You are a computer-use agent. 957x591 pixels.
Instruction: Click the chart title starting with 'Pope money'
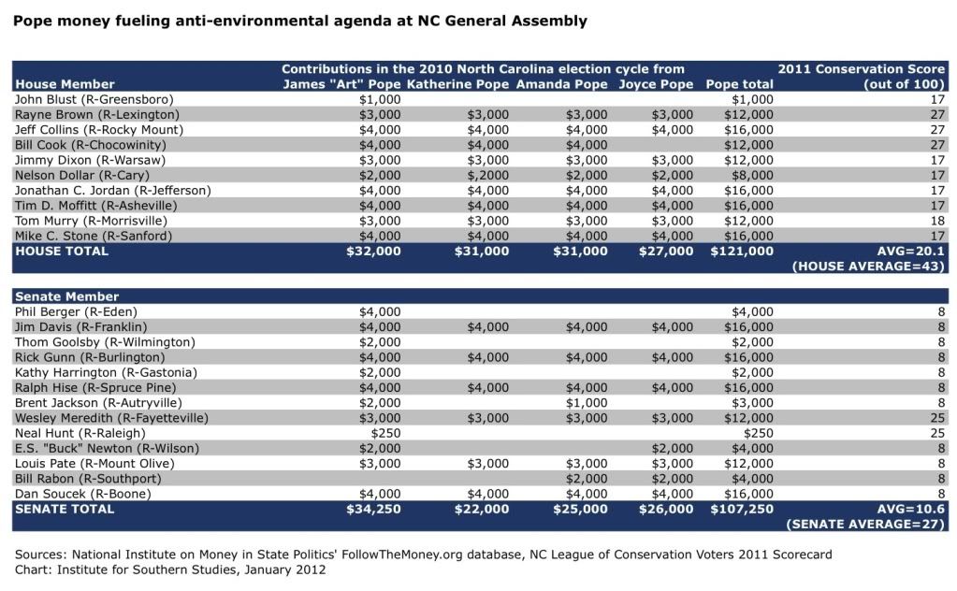299,22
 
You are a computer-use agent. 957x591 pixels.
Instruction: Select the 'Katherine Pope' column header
457,84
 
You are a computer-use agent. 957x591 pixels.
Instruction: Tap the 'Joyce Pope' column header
656,85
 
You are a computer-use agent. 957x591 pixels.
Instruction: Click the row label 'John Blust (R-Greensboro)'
94,99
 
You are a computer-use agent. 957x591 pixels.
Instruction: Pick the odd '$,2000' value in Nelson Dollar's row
487,176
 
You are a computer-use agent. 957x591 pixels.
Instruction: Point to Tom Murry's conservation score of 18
937,221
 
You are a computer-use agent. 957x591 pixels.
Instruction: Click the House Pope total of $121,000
742,252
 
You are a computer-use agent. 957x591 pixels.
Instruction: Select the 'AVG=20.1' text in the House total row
910,252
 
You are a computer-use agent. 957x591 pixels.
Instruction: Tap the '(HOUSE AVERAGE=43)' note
868,267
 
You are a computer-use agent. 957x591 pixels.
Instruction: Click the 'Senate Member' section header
66,296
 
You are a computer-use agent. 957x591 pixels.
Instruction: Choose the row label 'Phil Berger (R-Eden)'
76,311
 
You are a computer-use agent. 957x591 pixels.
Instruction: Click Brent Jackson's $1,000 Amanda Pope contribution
587,403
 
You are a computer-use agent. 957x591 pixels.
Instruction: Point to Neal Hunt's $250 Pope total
758,433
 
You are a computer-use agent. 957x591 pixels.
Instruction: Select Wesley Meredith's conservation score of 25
937,418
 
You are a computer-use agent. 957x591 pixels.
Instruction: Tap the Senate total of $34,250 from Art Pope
373,510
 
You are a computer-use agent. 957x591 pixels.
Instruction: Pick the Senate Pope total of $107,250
742,510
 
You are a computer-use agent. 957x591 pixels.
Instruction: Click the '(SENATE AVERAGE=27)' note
864,525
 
